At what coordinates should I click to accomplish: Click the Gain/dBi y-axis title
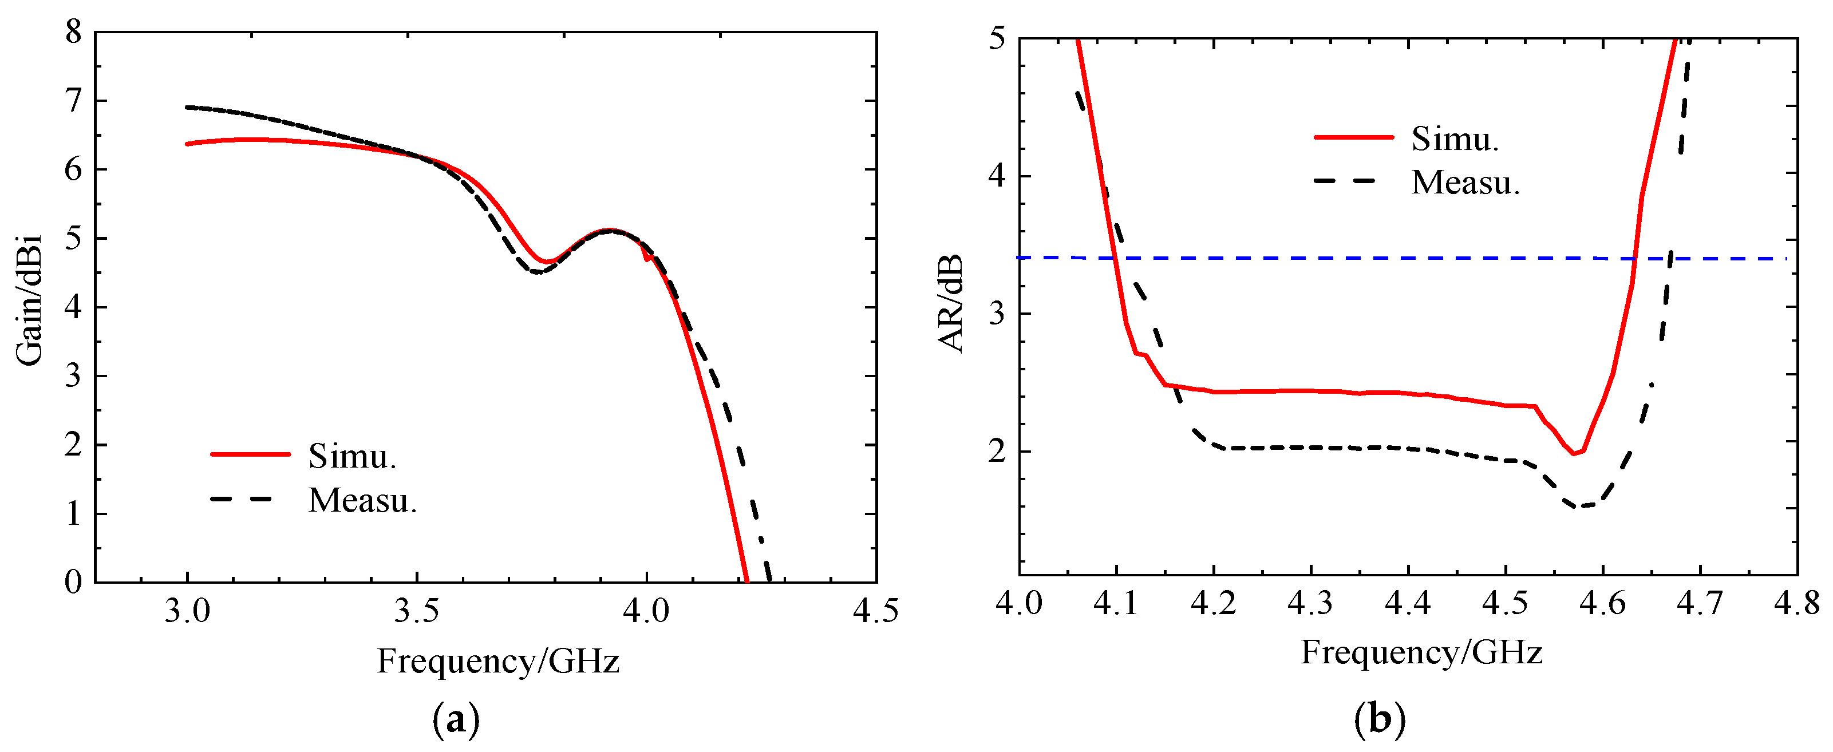pyautogui.click(x=29, y=300)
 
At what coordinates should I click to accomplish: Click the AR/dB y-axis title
pyautogui.click(x=951, y=304)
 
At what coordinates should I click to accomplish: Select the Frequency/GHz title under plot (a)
pyautogui.click(x=498, y=661)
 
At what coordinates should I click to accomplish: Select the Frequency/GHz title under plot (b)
pyautogui.click(x=1422, y=652)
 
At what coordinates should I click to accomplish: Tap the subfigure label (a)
pyautogui.click(x=456, y=720)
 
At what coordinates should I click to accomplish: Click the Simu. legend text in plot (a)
pyautogui.click(x=352, y=456)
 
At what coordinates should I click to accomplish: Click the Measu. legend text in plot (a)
pyautogui.click(x=362, y=501)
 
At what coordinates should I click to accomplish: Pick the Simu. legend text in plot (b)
pyautogui.click(x=1455, y=138)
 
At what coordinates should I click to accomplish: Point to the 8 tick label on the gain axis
pyautogui.click(x=73, y=32)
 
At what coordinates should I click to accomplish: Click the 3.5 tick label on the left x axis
pyautogui.click(x=417, y=611)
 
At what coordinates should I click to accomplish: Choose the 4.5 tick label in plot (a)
pyautogui.click(x=875, y=611)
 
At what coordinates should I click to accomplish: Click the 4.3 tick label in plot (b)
pyautogui.click(x=1310, y=603)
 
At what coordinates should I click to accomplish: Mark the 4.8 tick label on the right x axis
pyautogui.click(x=1796, y=603)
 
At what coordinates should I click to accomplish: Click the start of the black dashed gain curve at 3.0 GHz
pyautogui.click(x=188, y=108)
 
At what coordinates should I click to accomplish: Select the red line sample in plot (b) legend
pyautogui.click(x=1353, y=137)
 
